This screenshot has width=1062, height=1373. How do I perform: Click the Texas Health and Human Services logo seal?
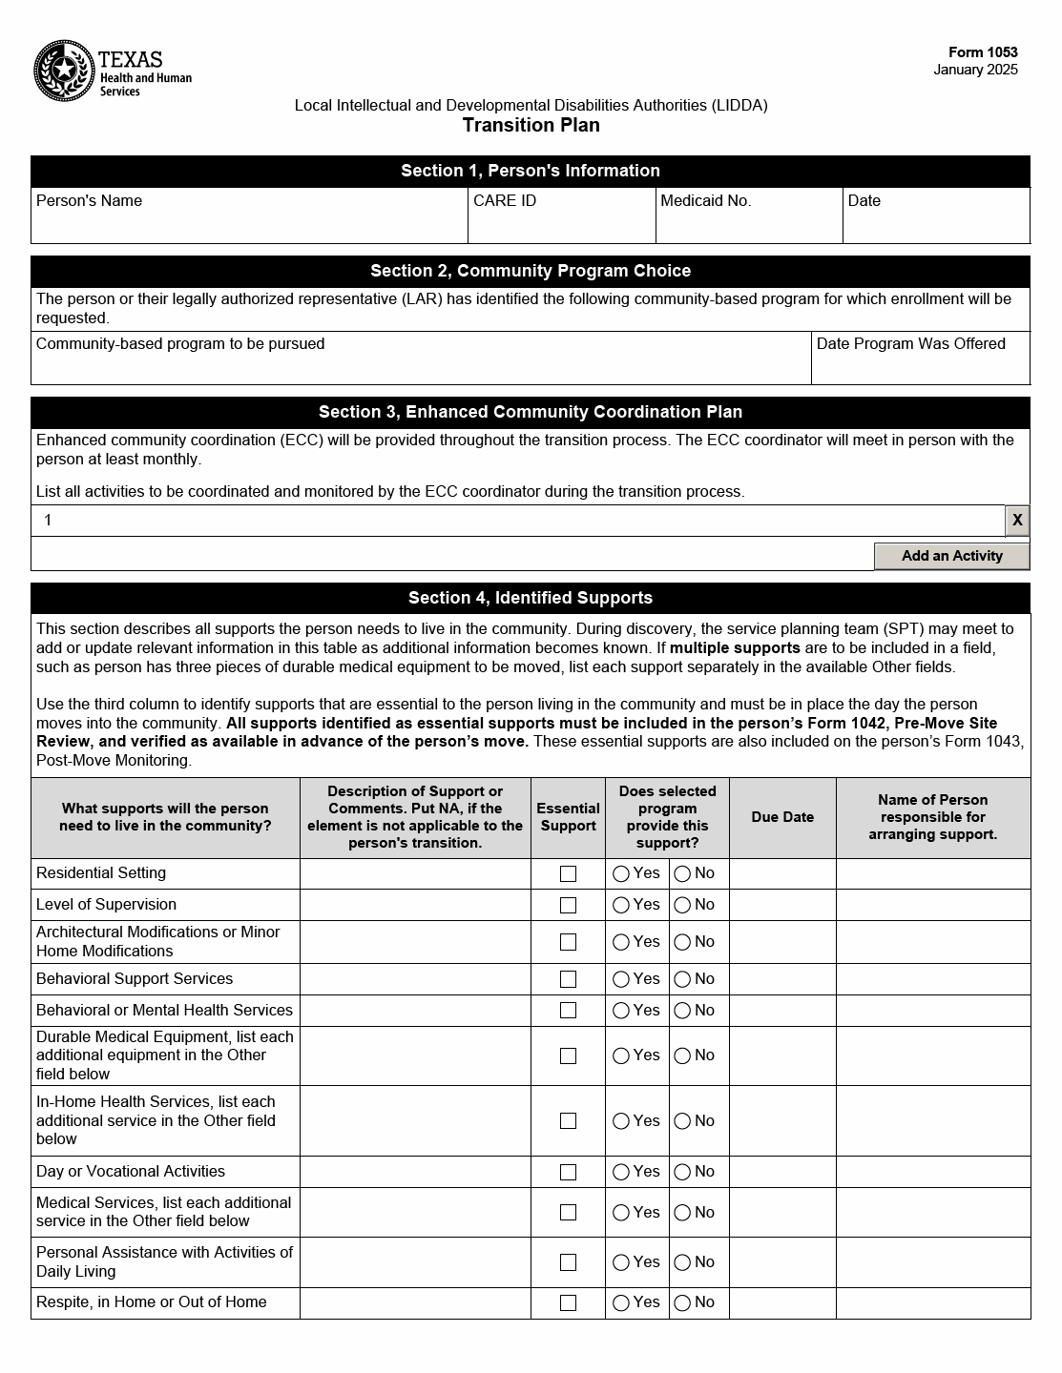tap(63, 71)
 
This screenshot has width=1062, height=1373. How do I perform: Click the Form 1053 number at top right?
tap(982, 52)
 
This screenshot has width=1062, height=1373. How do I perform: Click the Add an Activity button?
tap(951, 556)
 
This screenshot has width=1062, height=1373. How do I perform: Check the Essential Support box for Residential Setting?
tap(568, 873)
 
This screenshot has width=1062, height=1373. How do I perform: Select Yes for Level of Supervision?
tap(621, 905)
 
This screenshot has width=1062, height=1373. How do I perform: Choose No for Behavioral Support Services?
tap(682, 979)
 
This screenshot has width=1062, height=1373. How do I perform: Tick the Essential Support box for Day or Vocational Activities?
tap(568, 1172)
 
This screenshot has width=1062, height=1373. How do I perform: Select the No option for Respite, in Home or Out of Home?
tap(682, 1302)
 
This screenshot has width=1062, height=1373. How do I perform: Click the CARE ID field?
tap(561, 224)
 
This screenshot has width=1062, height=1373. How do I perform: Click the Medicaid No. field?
tap(748, 224)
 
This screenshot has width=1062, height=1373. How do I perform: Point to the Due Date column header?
tap(782, 817)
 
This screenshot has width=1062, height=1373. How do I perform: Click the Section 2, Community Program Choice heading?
tap(531, 271)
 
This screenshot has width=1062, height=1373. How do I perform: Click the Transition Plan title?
tap(531, 125)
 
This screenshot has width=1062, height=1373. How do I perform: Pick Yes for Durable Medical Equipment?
tap(621, 1055)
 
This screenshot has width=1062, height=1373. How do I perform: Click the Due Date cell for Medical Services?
tap(782, 1212)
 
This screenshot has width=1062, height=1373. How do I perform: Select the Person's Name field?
tap(249, 224)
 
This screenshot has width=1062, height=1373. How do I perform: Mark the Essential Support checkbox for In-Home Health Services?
tap(568, 1120)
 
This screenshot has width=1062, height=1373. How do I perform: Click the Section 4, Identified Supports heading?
tap(531, 598)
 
